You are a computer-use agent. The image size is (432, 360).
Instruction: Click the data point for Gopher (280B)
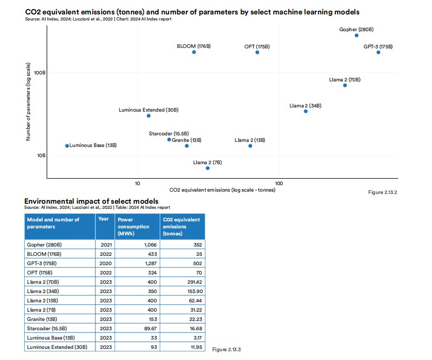pos(357,35)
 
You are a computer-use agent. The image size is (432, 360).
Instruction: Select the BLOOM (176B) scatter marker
pos(194,52)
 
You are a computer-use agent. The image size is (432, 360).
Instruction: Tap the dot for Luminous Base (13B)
pos(67,146)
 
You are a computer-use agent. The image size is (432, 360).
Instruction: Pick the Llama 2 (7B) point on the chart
pos(208,168)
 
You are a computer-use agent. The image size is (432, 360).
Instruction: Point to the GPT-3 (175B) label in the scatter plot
pos(378,47)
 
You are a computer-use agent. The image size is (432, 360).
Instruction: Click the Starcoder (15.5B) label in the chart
pos(169,134)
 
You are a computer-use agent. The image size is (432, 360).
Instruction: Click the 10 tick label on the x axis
pos(137,183)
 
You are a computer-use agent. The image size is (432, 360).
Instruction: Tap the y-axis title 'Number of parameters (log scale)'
pos(28,101)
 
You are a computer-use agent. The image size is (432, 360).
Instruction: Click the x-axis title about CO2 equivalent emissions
pos(222,190)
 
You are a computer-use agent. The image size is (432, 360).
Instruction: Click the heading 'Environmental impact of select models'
pos(91,201)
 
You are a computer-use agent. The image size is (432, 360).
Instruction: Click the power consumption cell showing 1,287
pos(148,263)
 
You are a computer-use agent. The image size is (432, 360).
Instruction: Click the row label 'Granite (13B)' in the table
pos(42,319)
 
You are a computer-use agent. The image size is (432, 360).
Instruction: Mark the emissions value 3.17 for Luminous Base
pos(196,338)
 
